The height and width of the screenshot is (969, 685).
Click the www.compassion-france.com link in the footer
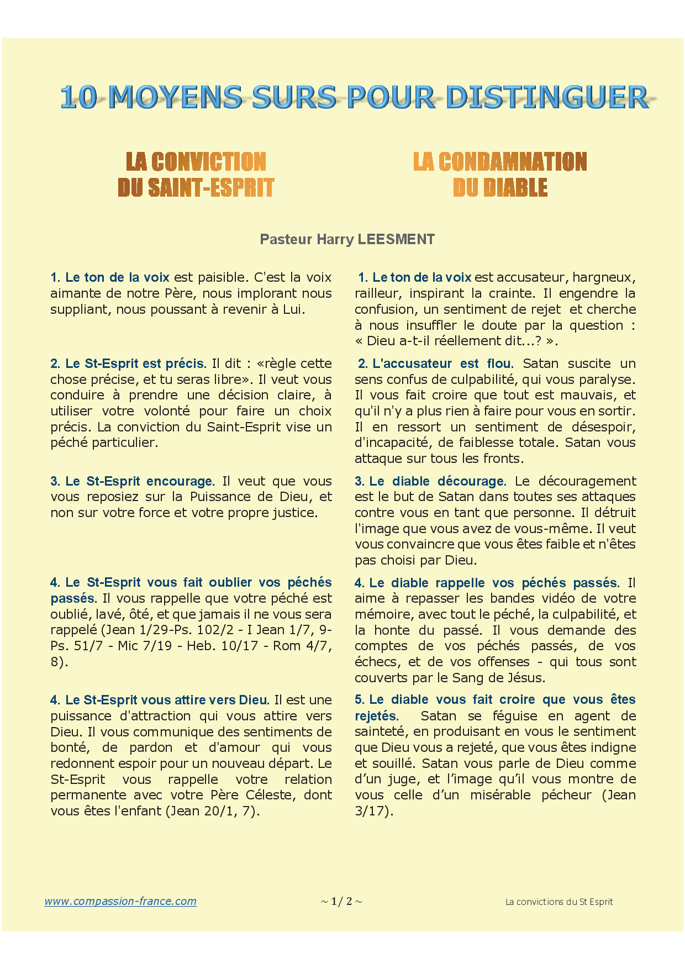[x=120, y=901]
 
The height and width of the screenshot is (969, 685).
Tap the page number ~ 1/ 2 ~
[x=341, y=902]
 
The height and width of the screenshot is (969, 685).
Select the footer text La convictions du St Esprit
[x=559, y=902]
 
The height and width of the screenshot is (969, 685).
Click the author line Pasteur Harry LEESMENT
[x=347, y=239]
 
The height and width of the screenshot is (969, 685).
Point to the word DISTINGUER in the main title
[x=546, y=97]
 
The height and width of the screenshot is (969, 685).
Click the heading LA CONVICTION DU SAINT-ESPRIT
[x=196, y=175]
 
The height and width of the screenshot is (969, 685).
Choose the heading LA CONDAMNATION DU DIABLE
[x=500, y=175]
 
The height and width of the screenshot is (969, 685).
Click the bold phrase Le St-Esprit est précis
[x=135, y=364]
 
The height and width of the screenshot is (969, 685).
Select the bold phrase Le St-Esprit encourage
[x=139, y=481]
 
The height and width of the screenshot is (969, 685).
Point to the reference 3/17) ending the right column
[x=374, y=811]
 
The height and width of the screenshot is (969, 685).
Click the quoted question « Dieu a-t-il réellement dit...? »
[x=456, y=341]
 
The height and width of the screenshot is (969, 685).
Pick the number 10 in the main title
[x=78, y=97]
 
